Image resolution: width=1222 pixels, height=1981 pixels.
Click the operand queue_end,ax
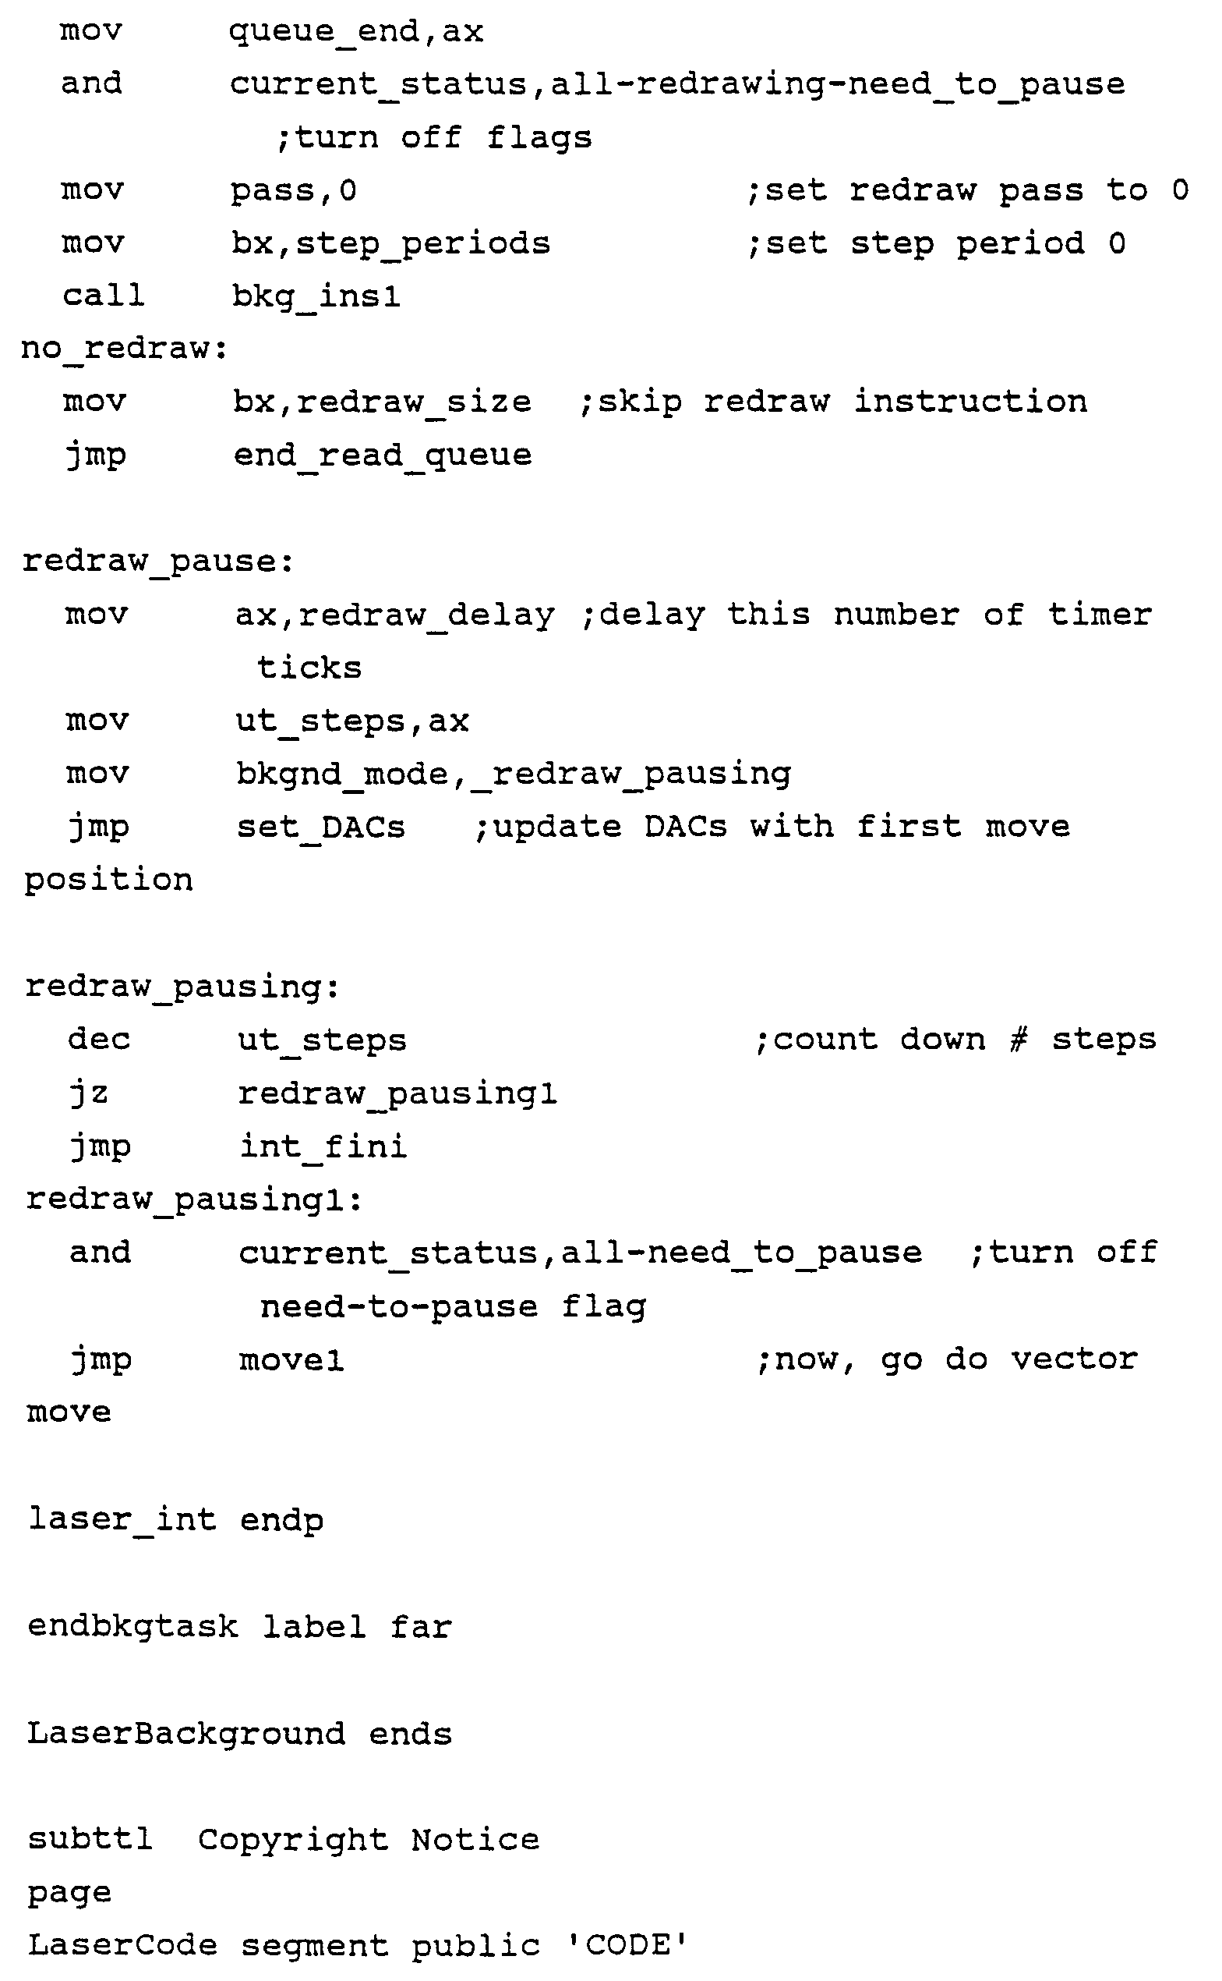[355, 32]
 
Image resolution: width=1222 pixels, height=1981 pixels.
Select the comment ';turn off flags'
[434, 137]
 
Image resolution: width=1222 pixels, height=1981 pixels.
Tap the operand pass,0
[293, 191]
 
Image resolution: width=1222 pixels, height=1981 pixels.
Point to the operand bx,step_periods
[390, 244]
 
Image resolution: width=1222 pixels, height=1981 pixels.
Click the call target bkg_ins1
[316, 296]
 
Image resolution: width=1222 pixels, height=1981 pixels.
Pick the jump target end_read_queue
[383, 455]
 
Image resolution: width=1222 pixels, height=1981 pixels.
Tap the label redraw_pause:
[158, 561]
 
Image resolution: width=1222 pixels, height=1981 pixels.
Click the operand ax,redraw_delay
[395, 615]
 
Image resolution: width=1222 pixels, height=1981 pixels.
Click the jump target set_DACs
[321, 827]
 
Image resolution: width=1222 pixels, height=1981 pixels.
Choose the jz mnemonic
[88, 1093]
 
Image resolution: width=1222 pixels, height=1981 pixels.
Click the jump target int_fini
[323, 1146]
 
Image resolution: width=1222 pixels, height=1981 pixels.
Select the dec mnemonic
[99, 1040]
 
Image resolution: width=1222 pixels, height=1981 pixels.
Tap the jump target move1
[291, 1360]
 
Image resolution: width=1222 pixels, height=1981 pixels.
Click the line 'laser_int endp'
[176, 1520]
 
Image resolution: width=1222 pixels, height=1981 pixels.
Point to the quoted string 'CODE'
[627, 1945]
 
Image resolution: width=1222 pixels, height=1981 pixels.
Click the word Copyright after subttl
[292, 1840]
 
